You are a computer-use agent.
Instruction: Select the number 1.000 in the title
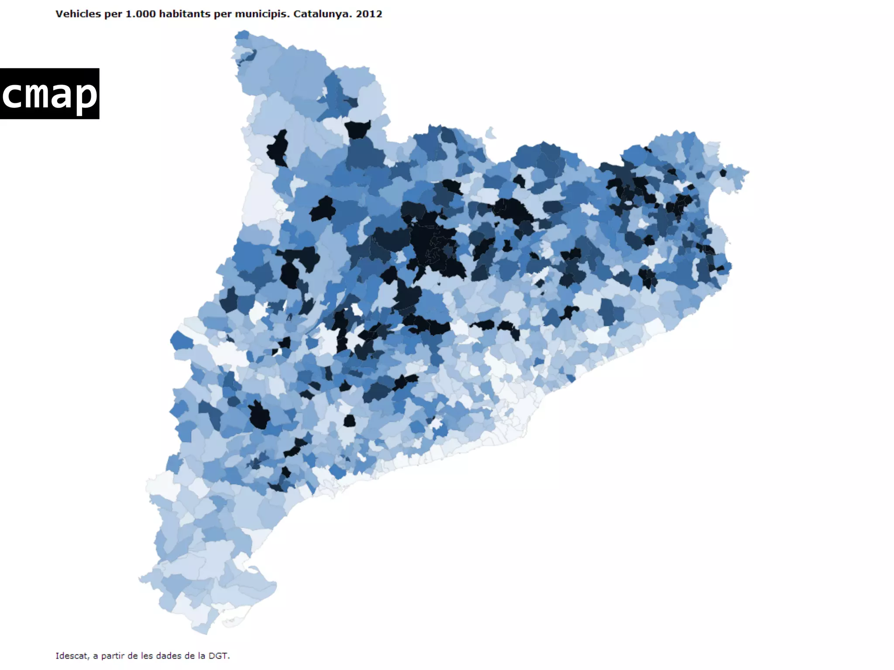(x=141, y=14)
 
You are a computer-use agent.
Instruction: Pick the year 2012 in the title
(x=369, y=14)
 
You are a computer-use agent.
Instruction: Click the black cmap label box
(x=49, y=93)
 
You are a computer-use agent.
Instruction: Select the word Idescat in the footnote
(x=72, y=656)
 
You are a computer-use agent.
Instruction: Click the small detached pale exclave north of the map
(x=490, y=133)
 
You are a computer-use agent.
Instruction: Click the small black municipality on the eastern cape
(x=723, y=173)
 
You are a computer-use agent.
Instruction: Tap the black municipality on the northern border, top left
(x=358, y=129)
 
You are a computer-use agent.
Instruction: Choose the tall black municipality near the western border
(x=278, y=148)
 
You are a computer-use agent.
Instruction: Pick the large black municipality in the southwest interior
(x=259, y=415)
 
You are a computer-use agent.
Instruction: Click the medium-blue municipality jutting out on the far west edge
(x=180, y=341)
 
